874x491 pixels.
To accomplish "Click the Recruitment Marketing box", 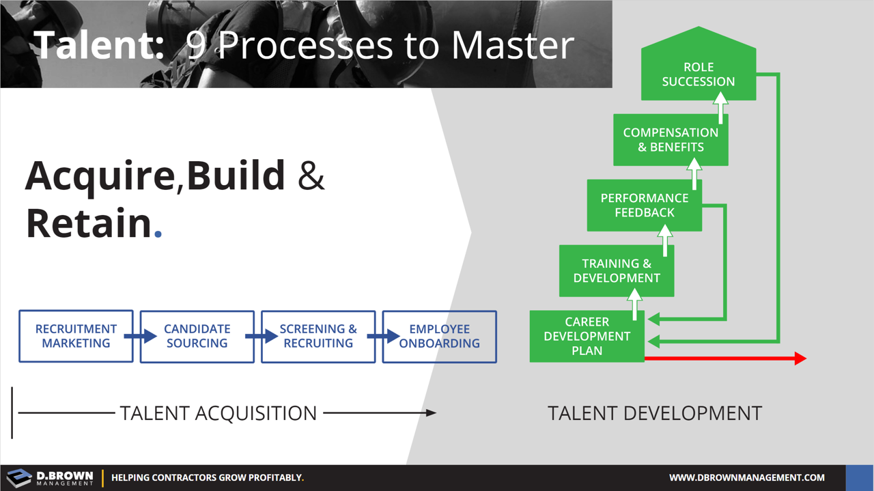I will coord(76,336).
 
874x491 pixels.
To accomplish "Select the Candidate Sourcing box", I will coord(197,336).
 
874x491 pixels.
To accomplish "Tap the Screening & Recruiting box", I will coord(318,336).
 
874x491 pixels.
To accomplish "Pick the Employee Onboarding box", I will coord(439,336).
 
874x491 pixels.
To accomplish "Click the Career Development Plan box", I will coord(587,337).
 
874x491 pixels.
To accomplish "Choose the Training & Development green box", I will coord(616,271).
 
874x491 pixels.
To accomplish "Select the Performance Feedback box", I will coord(644,206).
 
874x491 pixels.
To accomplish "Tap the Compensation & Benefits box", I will coord(670,140).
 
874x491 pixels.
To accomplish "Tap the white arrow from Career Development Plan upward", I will coord(635,303).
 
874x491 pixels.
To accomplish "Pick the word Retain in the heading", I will coord(88,223).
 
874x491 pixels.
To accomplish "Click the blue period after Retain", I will coord(158,234).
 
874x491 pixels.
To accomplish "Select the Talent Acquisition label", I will coord(218,413).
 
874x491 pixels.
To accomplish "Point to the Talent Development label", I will coord(654,413).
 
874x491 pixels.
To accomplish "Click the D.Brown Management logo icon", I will coord(19,477).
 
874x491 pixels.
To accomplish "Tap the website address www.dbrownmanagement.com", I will coord(746,477).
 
